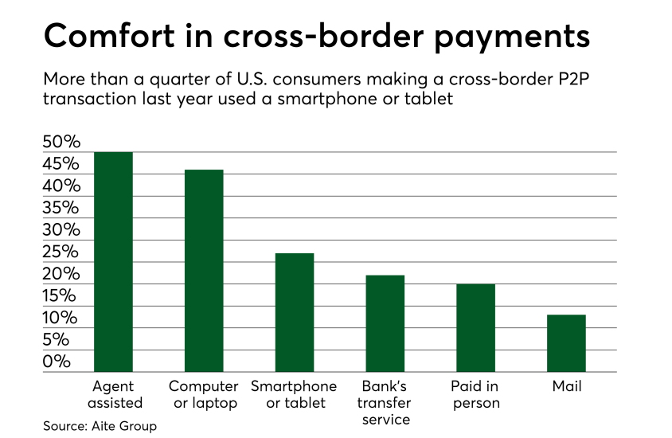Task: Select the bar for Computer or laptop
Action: coord(204,270)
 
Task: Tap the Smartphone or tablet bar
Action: coord(295,312)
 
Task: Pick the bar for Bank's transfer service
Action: coord(385,323)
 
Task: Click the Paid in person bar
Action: coord(476,327)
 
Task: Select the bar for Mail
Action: coord(567,342)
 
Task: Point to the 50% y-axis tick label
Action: coord(61,143)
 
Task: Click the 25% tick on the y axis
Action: coord(61,252)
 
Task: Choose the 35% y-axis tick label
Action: coord(61,208)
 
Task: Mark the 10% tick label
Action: coord(61,318)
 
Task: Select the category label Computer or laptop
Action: coord(204,395)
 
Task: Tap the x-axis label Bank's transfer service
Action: coord(385,403)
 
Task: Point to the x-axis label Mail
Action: coord(567,387)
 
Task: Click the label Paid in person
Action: coord(476,395)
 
